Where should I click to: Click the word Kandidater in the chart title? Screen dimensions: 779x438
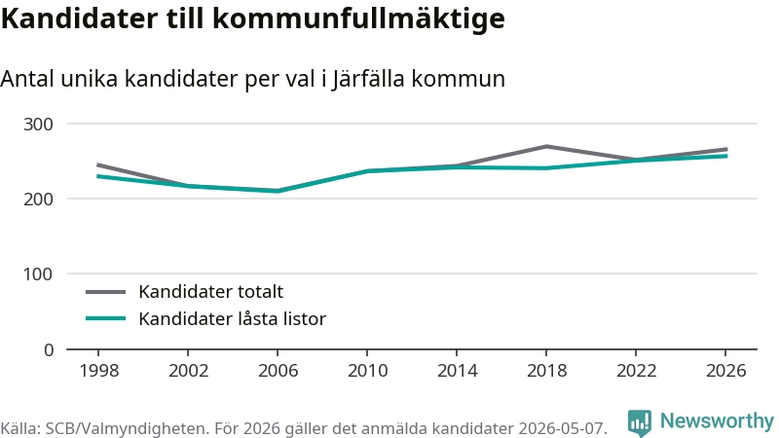point(80,18)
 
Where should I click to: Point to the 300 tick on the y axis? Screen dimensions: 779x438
point(38,125)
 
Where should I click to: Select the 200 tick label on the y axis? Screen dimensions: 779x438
point(38,200)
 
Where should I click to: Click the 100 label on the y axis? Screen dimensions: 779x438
point(38,274)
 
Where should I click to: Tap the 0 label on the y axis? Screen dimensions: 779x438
point(48,350)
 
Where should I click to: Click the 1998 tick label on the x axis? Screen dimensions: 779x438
point(99,371)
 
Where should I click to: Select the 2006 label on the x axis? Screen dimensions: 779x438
point(278,371)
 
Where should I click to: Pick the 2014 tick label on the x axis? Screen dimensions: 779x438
point(457,371)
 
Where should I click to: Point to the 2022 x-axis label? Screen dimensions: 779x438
point(637,371)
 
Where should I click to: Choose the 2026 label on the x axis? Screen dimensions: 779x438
point(725,371)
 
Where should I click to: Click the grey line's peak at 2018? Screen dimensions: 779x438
point(546,146)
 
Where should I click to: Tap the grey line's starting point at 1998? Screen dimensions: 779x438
point(98,164)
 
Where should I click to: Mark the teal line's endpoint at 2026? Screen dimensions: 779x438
point(726,156)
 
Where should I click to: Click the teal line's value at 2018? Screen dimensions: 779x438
point(546,167)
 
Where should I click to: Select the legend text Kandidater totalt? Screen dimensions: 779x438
point(210,291)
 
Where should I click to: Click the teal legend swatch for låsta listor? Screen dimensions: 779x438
point(106,318)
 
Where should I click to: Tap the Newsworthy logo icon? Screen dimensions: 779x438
point(640,422)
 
